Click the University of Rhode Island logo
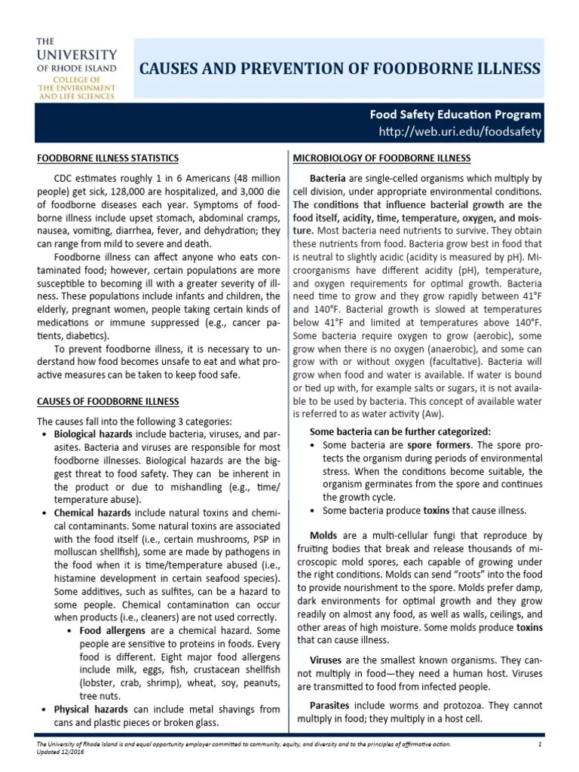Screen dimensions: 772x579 click(77, 68)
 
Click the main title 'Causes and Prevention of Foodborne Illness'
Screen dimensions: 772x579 click(341, 69)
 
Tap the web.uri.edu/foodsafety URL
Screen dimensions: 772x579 click(460, 133)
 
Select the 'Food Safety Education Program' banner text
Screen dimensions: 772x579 click(455, 115)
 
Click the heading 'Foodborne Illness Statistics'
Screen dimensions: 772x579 click(109, 158)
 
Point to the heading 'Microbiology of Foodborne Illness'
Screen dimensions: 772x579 click(381, 158)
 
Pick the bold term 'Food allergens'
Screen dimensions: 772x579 click(110, 630)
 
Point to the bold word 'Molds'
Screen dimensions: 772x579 click(324, 535)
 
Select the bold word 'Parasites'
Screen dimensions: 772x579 click(332, 705)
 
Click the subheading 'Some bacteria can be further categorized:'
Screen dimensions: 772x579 click(400, 431)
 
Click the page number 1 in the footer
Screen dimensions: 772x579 click(541, 745)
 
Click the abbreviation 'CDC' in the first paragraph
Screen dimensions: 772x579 click(66, 179)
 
